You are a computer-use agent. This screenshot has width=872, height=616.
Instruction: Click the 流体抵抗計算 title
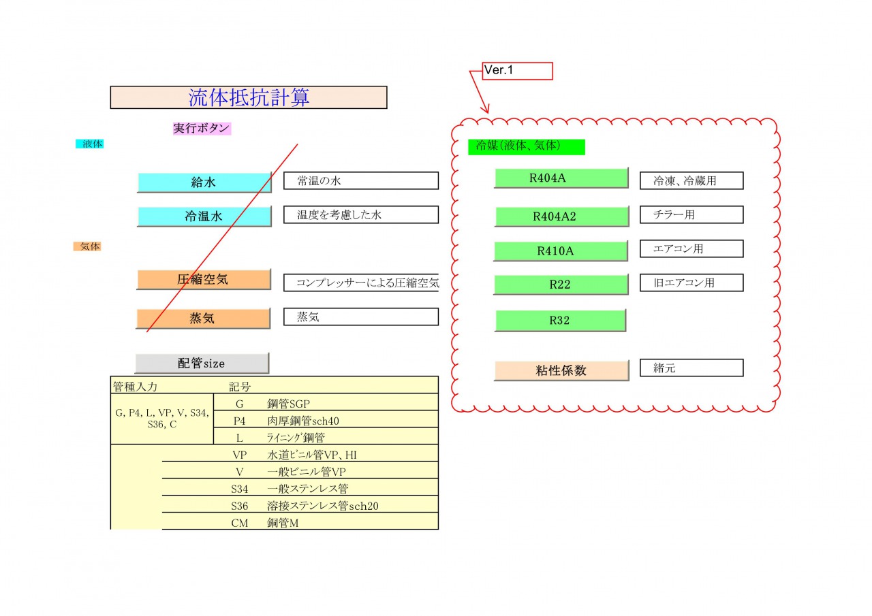(x=249, y=97)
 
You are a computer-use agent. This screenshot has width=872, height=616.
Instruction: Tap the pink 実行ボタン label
(x=202, y=129)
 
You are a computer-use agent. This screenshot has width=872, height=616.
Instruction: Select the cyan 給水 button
(x=204, y=182)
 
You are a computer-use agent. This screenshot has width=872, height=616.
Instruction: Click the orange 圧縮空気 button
(x=204, y=279)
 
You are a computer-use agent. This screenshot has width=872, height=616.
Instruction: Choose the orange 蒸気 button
(x=203, y=319)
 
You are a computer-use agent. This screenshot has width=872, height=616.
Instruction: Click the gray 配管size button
(x=202, y=363)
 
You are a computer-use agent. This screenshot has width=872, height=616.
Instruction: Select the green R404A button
(x=561, y=178)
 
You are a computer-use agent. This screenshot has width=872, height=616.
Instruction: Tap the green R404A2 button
(x=562, y=216)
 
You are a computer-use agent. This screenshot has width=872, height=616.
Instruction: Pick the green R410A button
(x=561, y=251)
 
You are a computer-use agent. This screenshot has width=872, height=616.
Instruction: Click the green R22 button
(x=561, y=285)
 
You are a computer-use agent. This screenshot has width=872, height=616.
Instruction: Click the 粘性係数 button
(x=561, y=370)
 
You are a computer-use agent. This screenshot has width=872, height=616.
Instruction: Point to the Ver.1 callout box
(x=517, y=71)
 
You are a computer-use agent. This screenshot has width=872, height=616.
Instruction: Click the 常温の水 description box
(x=361, y=180)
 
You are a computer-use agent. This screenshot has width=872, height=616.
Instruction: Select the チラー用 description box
(x=691, y=214)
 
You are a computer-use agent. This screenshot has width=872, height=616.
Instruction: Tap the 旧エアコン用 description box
(x=691, y=282)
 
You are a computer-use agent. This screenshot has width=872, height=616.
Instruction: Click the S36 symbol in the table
(x=239, y=506)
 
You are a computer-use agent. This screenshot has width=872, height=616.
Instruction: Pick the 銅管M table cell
(x=283, y=523)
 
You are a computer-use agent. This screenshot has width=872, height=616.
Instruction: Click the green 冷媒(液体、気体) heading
(x=527, y=146)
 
